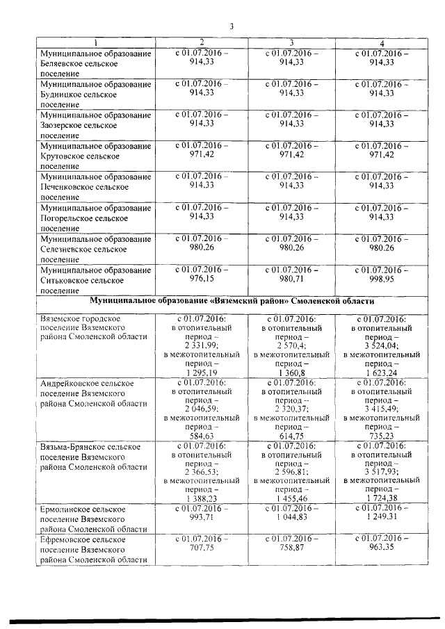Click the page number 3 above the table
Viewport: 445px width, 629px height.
(x=232, y=27)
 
